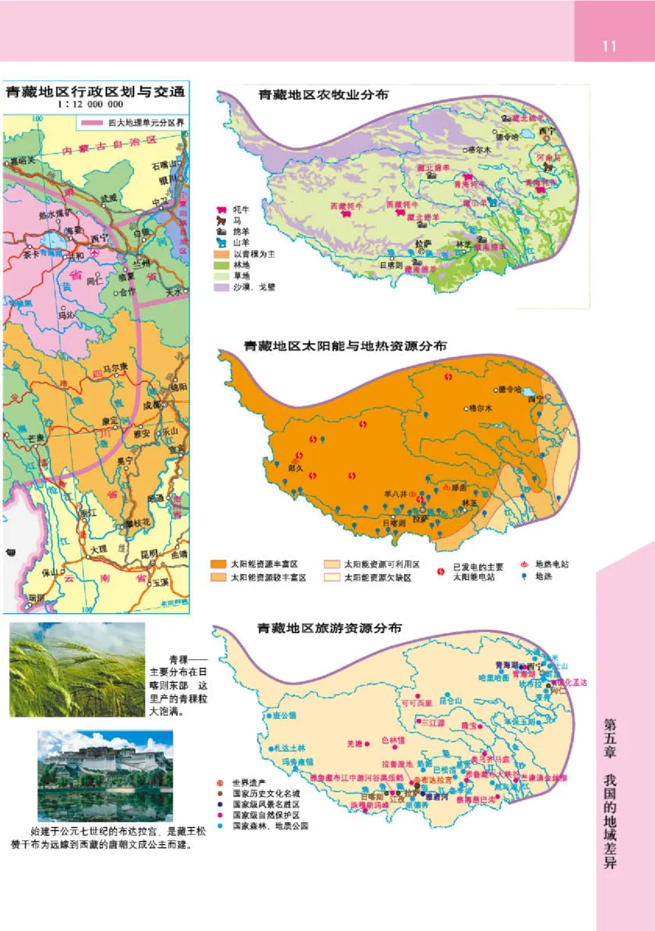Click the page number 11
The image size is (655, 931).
coord(608,46)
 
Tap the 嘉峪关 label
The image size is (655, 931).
coord(22,160)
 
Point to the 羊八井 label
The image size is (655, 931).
coord(396,494)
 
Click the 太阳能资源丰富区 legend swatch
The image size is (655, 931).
coord(219,564)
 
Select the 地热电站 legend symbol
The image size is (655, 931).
coord(526,563)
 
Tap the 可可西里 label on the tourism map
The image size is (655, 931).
coord(416,702)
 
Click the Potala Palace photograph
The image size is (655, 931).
coord(105,775)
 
